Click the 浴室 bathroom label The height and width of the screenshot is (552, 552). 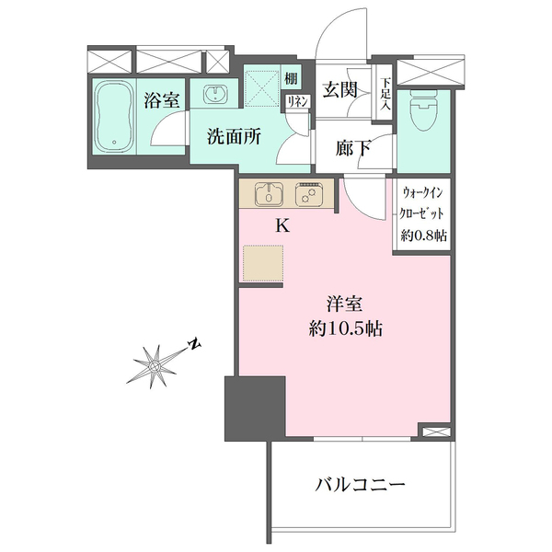(x=160, y=99)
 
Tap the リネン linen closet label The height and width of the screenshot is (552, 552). (x=295, y=101)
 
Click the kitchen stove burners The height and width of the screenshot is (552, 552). (x=306, y=193)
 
